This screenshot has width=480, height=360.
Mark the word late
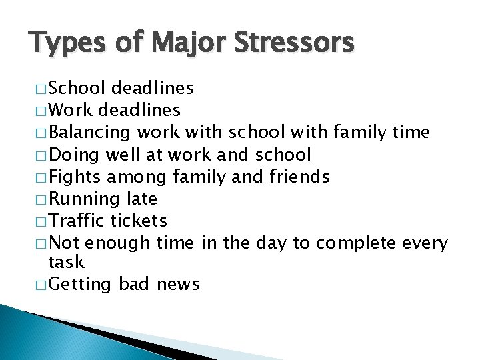tap(142, 199)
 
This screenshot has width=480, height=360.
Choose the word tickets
tap(138, 221)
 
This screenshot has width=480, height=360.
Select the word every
tap(425, 243)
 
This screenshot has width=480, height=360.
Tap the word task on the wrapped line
tap(67, 262)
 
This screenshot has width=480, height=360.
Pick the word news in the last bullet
tap(178, 285)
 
